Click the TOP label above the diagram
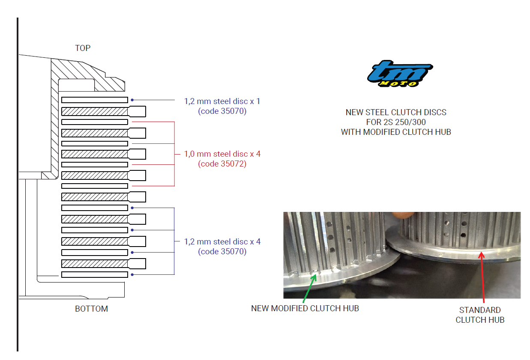83,48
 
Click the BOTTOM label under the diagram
91,309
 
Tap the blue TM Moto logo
400,74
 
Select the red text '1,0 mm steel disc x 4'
222,154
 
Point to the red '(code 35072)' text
222,164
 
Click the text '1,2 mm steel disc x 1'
222,101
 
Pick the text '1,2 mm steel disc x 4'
222,242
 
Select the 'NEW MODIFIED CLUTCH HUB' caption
305,308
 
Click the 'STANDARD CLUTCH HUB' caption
480,315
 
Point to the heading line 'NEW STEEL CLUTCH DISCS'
396,113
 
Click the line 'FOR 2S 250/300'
396,122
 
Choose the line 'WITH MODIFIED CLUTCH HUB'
396,132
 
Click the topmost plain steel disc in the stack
94,100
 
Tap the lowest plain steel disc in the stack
94,274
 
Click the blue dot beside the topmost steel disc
132,100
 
